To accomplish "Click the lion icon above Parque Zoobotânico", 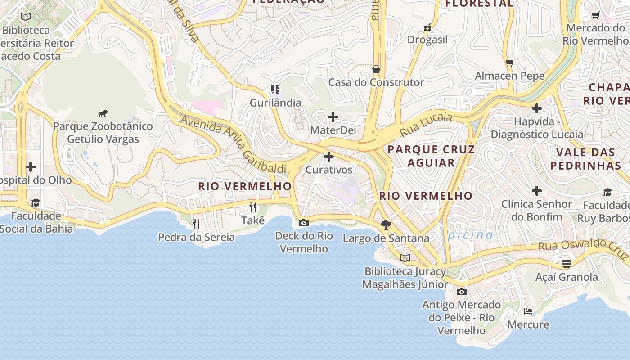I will pos(103,113).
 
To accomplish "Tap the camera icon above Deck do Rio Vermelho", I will pos(304,223).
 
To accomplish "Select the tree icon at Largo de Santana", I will pos(386,225).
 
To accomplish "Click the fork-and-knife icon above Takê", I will pos(253,207).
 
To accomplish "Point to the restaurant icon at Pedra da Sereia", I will pos(196,224).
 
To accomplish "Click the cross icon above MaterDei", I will pos(333,117).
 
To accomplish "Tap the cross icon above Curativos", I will pos(329,157).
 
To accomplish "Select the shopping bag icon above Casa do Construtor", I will pos(376,69).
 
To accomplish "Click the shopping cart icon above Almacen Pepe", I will pos(509,63).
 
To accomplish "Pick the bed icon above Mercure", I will pos(528,311).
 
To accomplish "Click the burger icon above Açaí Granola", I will pos(567,263).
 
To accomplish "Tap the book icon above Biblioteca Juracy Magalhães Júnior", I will pos(405,258).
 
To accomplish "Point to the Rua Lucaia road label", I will pos(426,124).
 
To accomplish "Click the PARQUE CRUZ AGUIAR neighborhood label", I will pos(431,156).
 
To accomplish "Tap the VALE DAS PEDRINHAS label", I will pos(586,159).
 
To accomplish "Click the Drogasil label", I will pos(427,40).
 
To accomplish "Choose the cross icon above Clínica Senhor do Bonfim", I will pos(536,191).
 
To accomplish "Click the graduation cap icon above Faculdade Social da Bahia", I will pos(36,202).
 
